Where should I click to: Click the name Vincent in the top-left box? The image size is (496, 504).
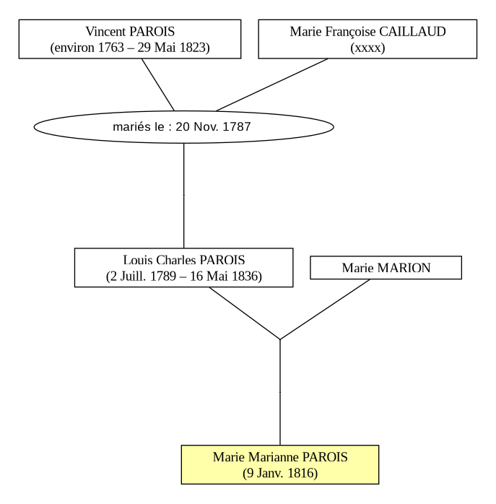point(105,32)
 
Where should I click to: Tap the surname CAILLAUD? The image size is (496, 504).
point(412,32)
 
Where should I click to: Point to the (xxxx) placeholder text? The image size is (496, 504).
point(367,48)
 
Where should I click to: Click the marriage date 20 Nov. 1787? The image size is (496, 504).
point(213,126)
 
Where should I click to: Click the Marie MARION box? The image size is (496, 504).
point(386,268)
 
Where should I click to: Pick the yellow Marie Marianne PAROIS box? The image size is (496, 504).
point(280,464)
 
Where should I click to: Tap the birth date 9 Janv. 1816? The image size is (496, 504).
point(280,473)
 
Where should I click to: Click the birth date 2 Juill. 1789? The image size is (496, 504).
point(144,276)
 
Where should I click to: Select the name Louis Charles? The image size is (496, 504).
point(160,260)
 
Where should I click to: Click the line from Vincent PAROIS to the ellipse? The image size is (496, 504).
point(158,85)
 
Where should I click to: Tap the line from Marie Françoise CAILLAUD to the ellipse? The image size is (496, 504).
point(272,85)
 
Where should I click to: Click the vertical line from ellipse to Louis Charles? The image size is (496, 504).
point(184,196)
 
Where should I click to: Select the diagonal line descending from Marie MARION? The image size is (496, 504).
point(325,309)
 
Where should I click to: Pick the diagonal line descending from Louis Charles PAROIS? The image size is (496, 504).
point(245,313)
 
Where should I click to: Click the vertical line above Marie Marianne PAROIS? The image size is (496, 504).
point(280,393)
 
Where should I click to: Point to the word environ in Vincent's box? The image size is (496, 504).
point(74,48)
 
